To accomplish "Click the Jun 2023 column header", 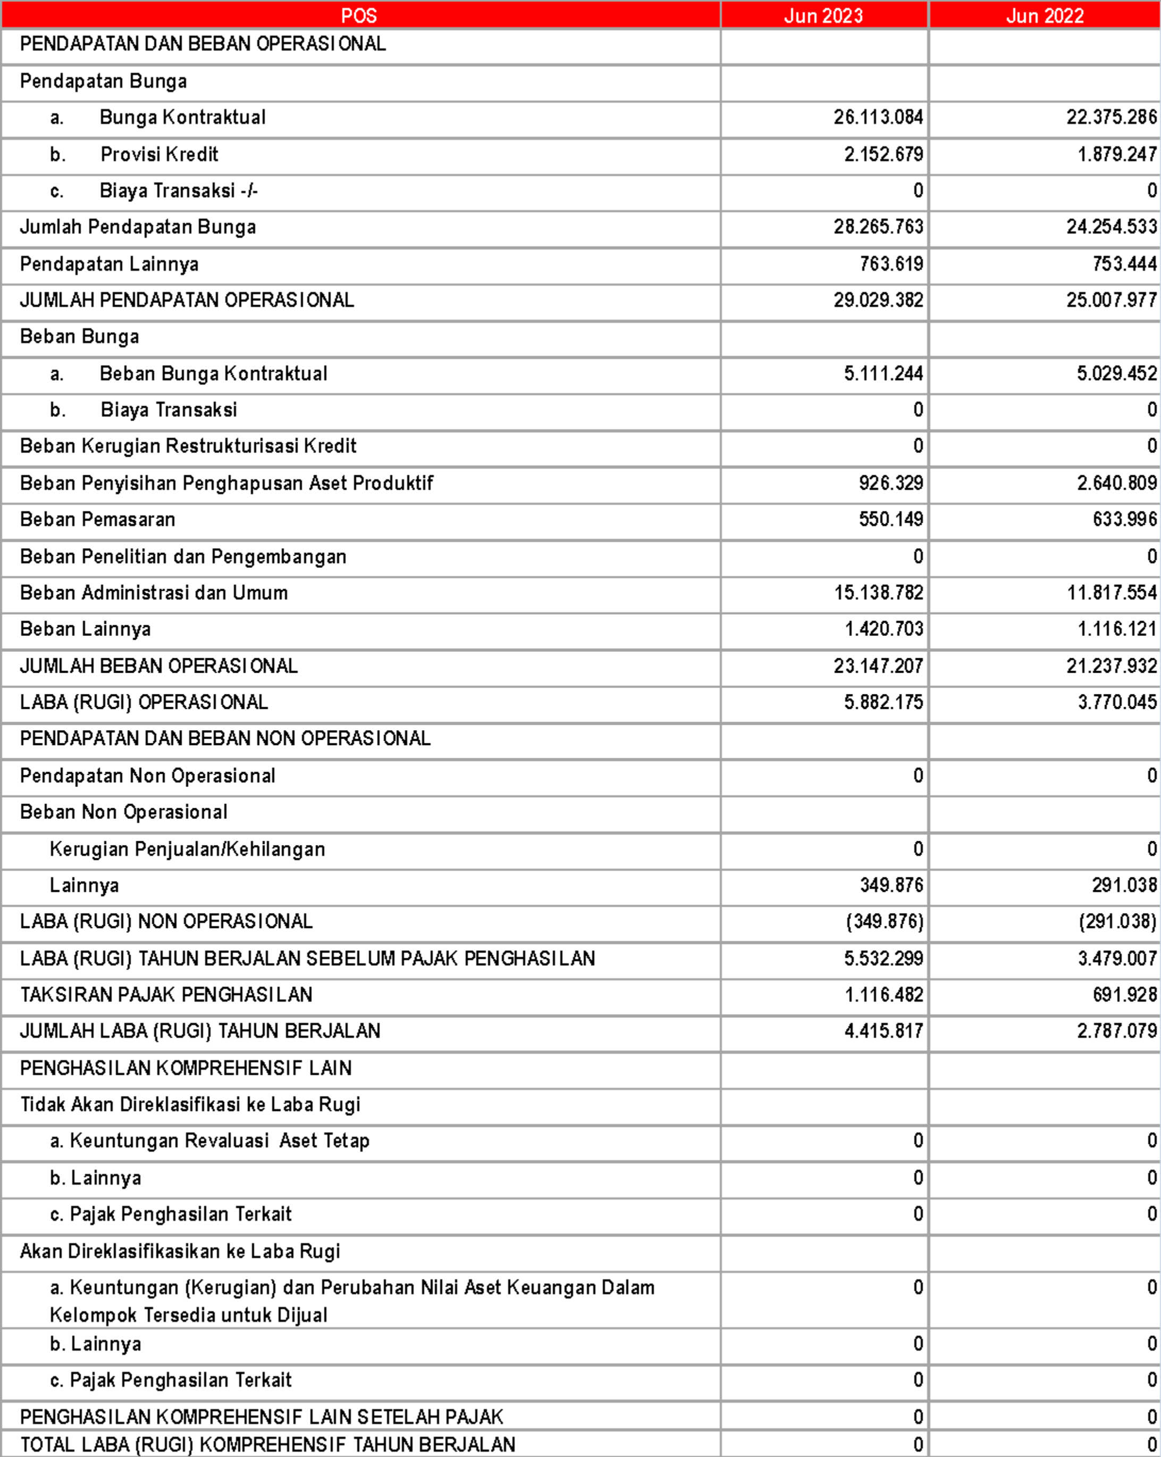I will pos(823,15).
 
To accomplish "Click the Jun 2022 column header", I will pos(1045,15).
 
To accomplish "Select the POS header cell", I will pos(359,15).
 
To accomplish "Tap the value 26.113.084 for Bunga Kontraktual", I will pos(878,118).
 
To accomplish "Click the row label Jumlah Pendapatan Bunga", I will pos(138,227).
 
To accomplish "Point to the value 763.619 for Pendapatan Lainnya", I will pos(891,264).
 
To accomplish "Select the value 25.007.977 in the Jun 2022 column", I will pos(1112,300).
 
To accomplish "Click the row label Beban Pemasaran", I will pos(97,520).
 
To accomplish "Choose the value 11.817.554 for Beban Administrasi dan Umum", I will pos(1112,593).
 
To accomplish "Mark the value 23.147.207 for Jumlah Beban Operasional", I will pos(878,666).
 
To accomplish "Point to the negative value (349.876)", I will pos(884,922).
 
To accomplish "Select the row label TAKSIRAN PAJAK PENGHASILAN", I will pos(166,995).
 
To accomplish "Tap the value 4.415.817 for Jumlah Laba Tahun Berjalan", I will pos(884,1031).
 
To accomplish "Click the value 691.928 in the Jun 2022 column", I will pos(1124,995).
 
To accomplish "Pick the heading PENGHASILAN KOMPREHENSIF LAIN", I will pos(186,1068).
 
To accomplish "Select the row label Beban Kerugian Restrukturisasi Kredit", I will pos(188,446).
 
